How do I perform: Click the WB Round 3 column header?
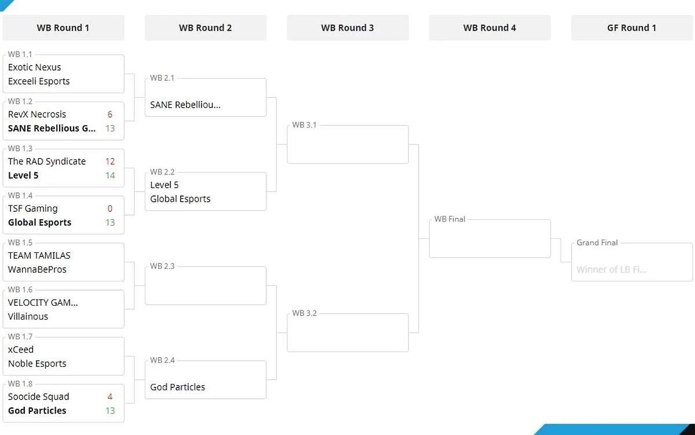click(348, 28)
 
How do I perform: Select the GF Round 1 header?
click(632, 28)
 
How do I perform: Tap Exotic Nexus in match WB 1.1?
click(34, 67)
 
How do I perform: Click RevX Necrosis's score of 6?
click(110, 114)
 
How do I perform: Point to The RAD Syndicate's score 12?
click(110, 161)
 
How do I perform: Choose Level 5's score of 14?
click(110, 176)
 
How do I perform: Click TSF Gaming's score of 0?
click(110, 208)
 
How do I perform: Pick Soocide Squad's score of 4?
click(110, 397)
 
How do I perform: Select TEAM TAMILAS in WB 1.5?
click(39, 255)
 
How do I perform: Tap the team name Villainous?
click(28, 316)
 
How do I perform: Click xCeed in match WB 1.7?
click(21, 350)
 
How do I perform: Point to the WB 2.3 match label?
click(162, 266)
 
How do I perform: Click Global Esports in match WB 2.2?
click(180, 199)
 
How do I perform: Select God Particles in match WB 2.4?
click(177, 387)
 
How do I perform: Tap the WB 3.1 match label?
click(305, 125)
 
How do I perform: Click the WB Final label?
click(449, 219)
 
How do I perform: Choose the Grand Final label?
click(597, 242)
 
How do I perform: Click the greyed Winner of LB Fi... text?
click(612, 269)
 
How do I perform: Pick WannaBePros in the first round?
click(37, 269)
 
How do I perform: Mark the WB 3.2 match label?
click(305, 313)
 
